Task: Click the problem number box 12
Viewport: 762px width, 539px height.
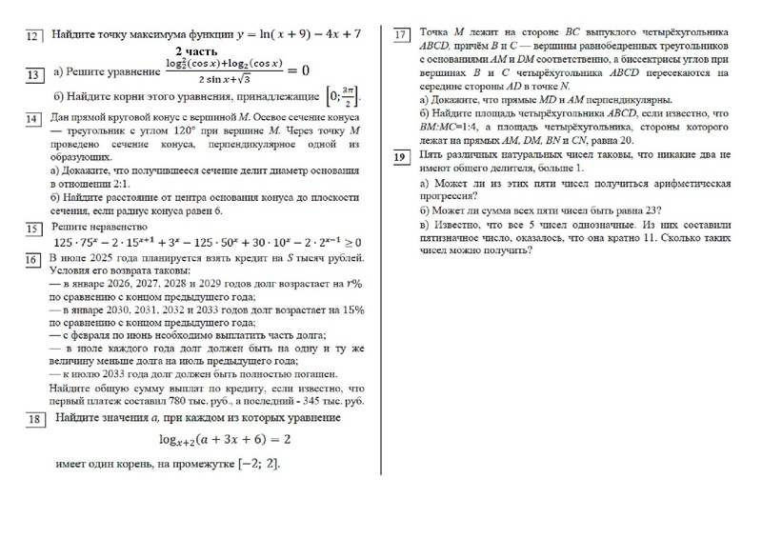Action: pos(33,36)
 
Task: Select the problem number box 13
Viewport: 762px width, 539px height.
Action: pos(33,74)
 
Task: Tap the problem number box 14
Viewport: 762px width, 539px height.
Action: pos(33,118)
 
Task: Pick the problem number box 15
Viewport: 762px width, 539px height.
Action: pos(33,229)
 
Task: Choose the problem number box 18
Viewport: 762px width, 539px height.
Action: pos(33,420)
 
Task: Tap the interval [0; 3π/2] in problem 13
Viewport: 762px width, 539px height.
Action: pos(345,97)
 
